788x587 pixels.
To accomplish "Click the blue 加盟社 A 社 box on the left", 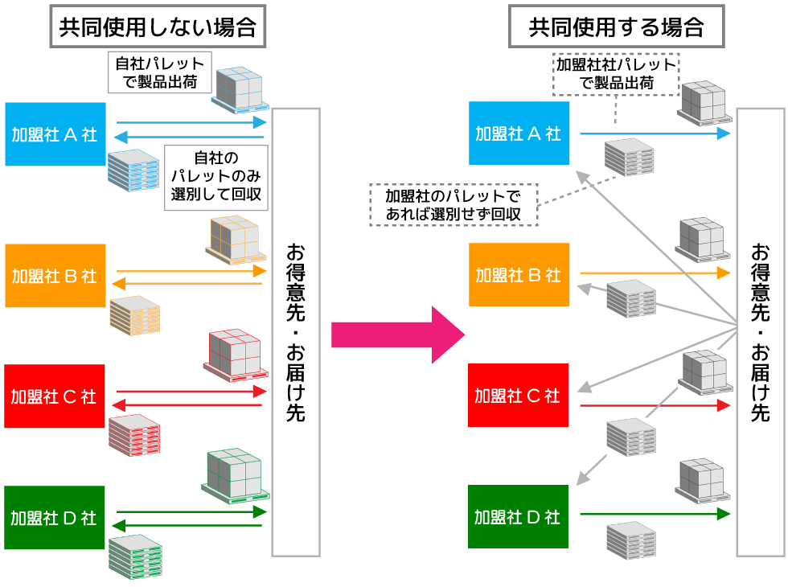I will point(55,134).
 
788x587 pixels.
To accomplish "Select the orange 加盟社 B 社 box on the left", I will point(55,276).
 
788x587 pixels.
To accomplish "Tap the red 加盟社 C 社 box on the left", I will point(55,396).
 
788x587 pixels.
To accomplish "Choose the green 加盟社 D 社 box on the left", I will point(55,518).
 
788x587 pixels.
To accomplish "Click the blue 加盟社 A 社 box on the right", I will point(519,133).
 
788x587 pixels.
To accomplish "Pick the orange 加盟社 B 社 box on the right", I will point(519,274).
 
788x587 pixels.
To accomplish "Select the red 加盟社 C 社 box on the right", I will point(519,395).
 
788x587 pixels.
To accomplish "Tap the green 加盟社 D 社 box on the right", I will point(519,516).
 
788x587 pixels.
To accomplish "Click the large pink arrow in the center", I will point(398,335).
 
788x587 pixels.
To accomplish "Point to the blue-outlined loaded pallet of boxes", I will point(240,90).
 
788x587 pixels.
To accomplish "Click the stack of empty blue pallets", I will point(133,170).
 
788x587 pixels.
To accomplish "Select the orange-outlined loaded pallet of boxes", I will point(236,240).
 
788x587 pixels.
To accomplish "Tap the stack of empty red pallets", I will point(134,435).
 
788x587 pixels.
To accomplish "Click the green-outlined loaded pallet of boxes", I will point(235,476).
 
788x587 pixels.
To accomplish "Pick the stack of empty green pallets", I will point(135,556).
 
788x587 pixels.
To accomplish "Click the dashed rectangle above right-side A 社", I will point(616,74).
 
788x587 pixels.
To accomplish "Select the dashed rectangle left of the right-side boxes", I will point(454,204).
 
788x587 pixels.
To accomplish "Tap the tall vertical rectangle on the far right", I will point(760,331).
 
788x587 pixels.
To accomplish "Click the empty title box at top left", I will point(158,26).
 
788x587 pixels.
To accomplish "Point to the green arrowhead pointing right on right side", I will point(724,514).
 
